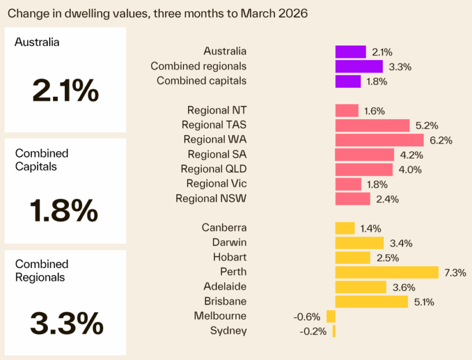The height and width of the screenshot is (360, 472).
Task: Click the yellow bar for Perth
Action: [x=386, y=272]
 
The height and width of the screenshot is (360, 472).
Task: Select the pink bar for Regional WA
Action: [x=379, y=140]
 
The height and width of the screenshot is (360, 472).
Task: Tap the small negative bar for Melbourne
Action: [x=331, y=316]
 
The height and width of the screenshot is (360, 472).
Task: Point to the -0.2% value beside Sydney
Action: [x=313, y=331]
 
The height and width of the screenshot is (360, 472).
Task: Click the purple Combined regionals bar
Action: [x=359, y=66]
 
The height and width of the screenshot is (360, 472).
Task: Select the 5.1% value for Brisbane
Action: [x=424, y=302]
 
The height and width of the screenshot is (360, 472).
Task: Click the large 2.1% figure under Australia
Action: [x=65, y=91]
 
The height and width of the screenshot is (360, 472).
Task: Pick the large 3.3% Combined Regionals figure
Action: [x=66, y=322]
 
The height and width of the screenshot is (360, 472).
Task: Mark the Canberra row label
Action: [x=224, y=228]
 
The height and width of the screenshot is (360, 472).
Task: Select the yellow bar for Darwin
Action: [x=359, y=243]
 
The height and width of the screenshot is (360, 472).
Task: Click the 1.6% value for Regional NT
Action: [x=374, y=111]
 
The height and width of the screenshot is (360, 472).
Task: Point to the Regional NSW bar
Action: [x=352, y=199]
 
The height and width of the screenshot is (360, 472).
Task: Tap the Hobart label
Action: [x=230, y=257]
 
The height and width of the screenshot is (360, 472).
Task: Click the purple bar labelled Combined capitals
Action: [x=348, y=81]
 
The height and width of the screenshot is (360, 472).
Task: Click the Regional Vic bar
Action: [x=348, y=184]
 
